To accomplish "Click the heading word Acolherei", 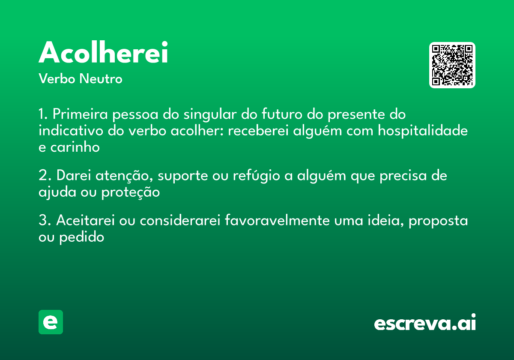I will [x=103, y=53].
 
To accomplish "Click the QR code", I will [x=452, y=65].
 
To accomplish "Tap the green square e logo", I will [x=51, y=322].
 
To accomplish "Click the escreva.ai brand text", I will [x=425, y=323].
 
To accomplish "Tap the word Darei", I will [x=74, y=176].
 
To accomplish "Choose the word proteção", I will [x=131, y=193].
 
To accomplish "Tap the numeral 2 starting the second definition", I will [x=43, y=176].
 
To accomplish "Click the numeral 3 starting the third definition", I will [x=43, y=221].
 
